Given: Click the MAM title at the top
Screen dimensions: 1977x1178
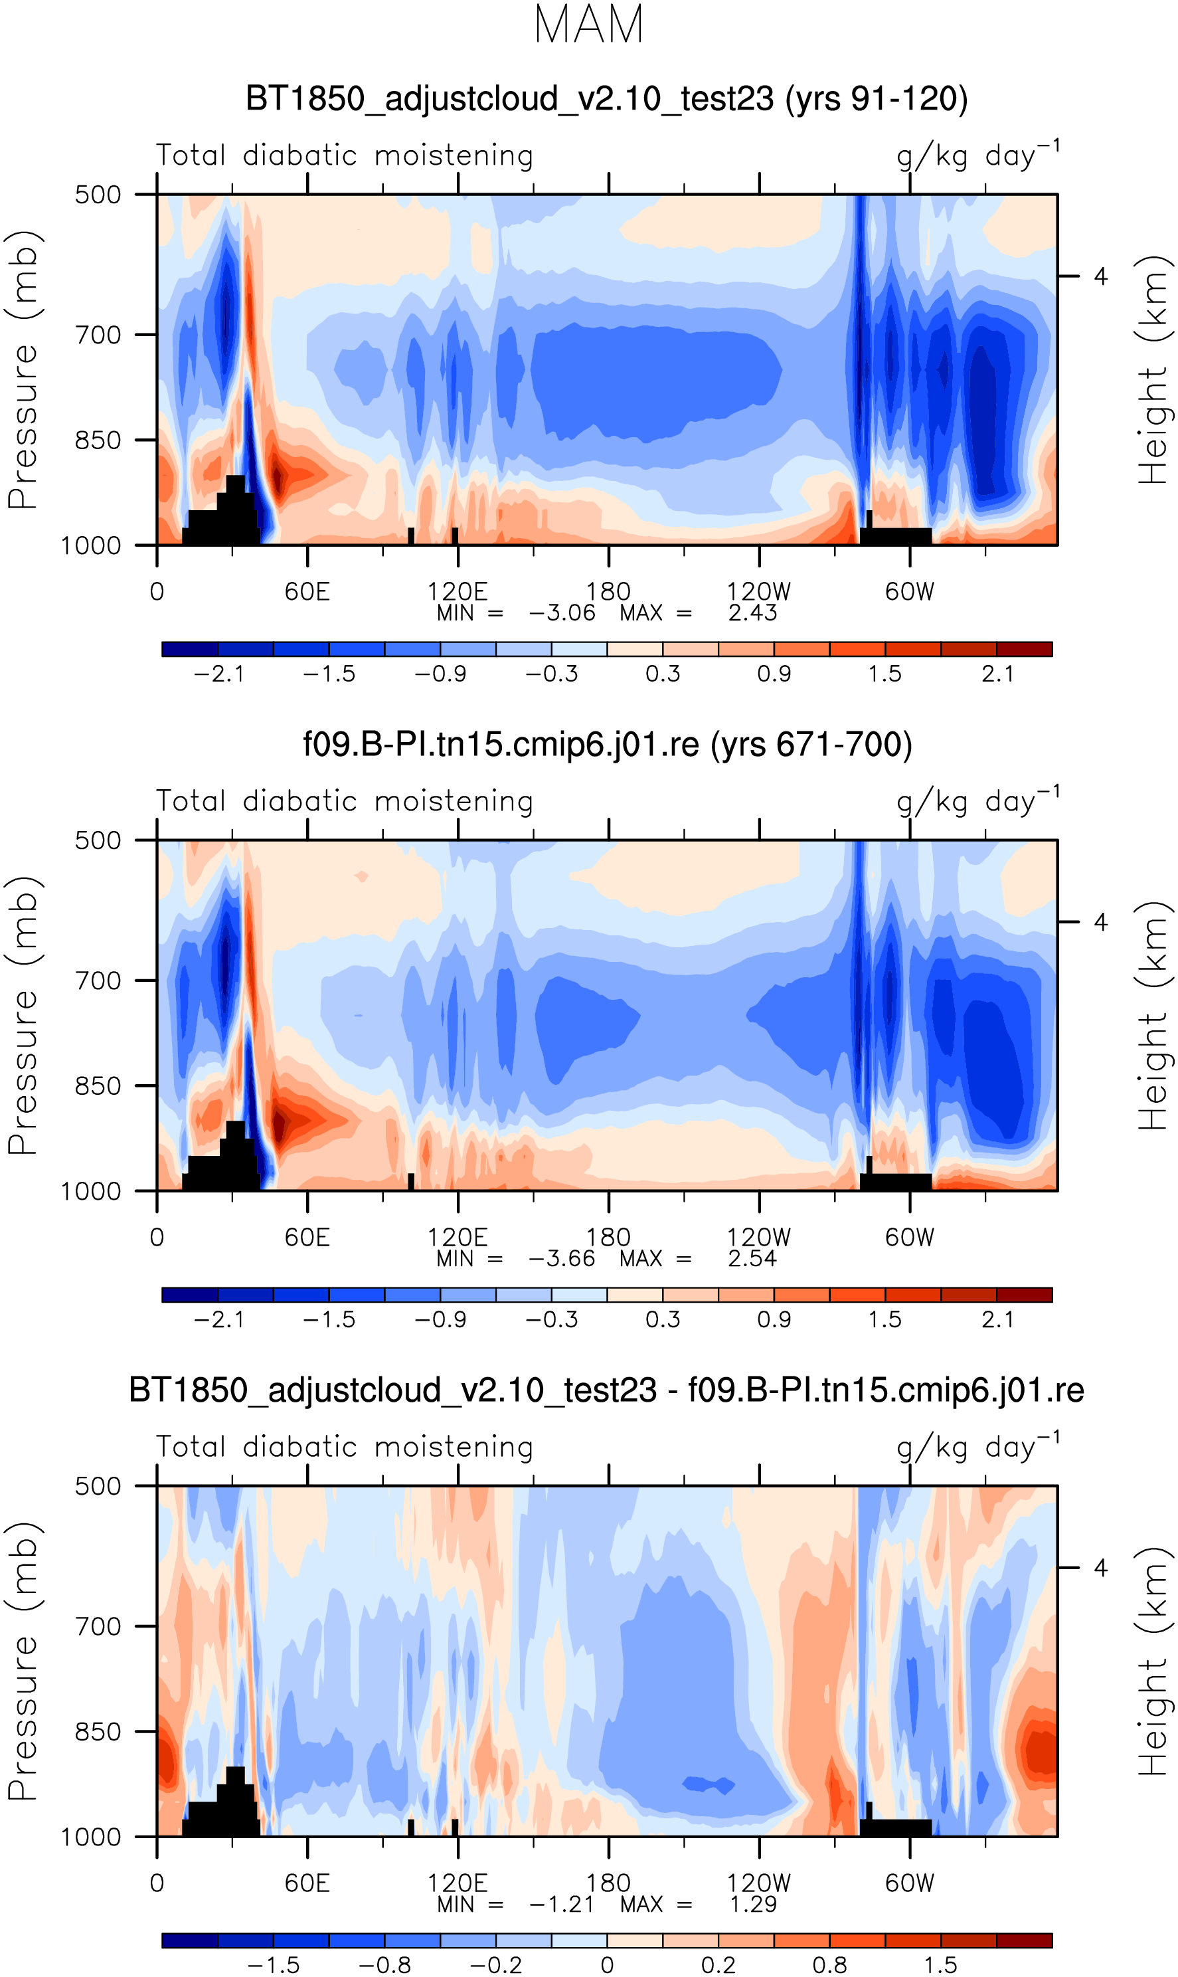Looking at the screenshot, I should [588, 25].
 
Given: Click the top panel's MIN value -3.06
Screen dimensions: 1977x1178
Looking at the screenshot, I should [562, 613].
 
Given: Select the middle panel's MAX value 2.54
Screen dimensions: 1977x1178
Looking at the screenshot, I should [752, 1258].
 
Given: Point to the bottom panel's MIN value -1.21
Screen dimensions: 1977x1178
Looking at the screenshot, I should [562, 1904].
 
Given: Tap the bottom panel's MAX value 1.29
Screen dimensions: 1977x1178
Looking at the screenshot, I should [752, 1904].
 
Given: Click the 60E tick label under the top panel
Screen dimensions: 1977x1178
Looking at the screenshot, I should [307, 591].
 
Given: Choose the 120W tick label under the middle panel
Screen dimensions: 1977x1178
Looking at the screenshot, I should [759, 1237].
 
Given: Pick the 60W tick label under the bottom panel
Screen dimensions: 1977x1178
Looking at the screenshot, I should [910, 1883].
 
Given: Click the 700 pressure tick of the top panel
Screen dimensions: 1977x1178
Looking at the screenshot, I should [98, 335].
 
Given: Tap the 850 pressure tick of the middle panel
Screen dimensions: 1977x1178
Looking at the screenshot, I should [98, 1086].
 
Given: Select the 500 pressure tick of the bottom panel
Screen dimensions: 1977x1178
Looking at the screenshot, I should [98, 1486].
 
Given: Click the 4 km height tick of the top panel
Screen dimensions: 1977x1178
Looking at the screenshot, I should [1100, 276].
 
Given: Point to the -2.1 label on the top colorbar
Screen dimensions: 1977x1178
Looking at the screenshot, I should [219, 674].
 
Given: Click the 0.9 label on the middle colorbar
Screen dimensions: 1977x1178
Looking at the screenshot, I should [774, 1319].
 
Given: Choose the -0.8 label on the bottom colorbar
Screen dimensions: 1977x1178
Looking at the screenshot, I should [385, 1965].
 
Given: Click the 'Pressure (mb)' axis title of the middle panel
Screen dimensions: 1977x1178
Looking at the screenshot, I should [24, 1016].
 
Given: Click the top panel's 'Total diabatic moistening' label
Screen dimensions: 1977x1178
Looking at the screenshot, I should [345, 155].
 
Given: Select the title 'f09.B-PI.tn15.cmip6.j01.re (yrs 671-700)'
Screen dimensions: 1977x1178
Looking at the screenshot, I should [607, 745].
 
